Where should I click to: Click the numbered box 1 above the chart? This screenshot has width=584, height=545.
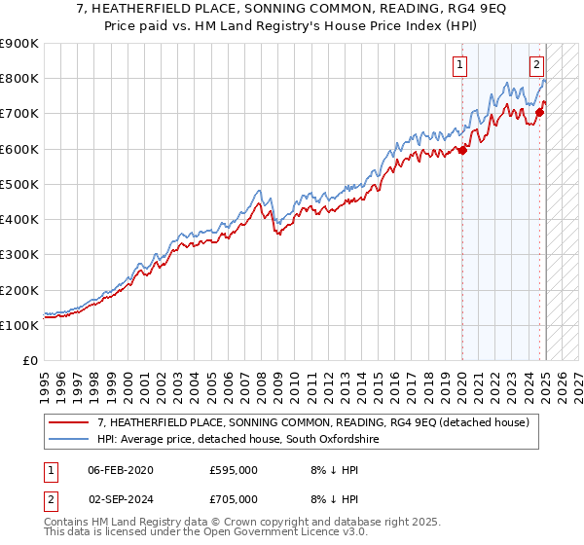[458, 66]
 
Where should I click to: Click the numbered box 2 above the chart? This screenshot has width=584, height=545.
[536, 66]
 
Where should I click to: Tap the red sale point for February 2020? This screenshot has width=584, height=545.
[463, 150]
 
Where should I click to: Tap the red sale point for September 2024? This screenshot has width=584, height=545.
[540, 112]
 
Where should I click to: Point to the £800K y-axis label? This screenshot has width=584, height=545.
[19, 79]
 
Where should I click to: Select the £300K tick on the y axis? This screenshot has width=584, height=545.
[19, 255]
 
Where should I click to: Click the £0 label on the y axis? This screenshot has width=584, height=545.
[29, 361]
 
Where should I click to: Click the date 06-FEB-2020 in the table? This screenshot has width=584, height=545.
[120, 469]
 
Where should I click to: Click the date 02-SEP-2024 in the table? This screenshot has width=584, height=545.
[120, 498]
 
